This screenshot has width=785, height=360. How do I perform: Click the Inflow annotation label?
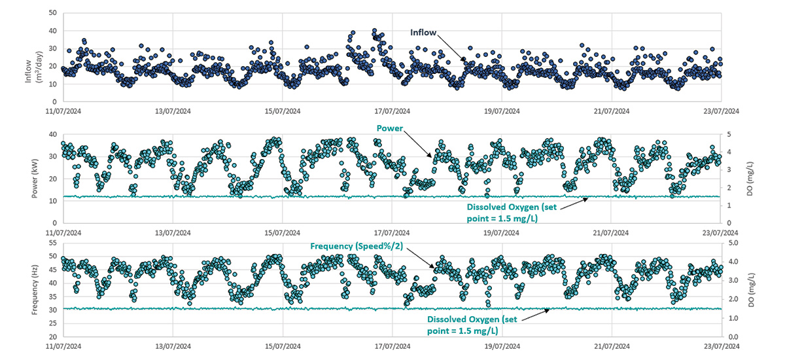tap(423, 33)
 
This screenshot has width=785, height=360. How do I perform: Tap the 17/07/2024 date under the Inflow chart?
tap(392, 111)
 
